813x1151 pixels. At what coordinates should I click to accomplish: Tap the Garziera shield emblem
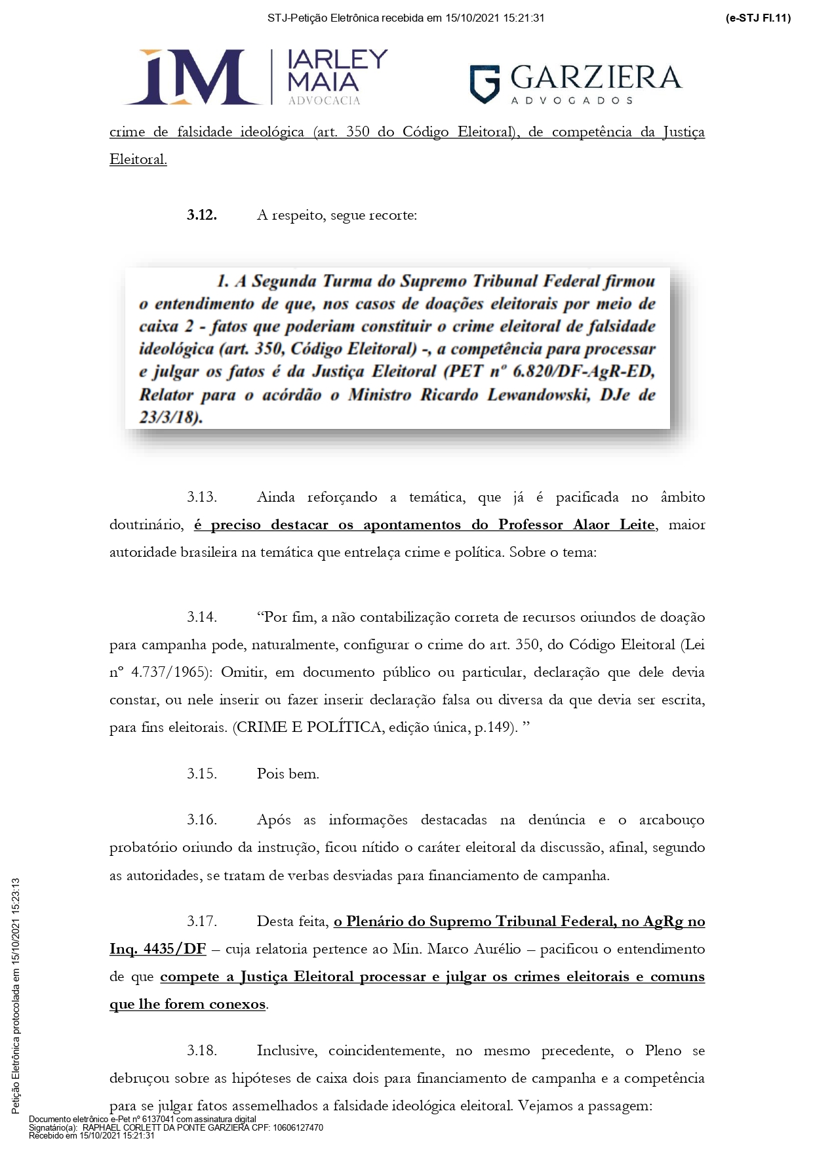pyautogui.click(x=485, y=84)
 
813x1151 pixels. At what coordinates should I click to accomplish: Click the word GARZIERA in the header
pyautogui.click(x=595, y=77)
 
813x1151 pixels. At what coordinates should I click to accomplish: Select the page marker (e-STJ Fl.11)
pyautogui.click(x=758, y=18)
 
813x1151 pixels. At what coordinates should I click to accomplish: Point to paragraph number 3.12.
pyautogui.click(x=201, y=215)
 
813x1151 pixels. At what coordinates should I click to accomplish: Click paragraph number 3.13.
pyautogui.click(x=201, y=497)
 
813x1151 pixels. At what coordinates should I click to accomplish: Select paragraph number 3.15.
pyautogui.click(x=201, y=774)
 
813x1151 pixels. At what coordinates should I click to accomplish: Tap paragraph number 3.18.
pyautogui.click(x=201, y=1051)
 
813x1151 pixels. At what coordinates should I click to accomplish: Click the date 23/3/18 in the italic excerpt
pyautogui.click(x=169, y=417)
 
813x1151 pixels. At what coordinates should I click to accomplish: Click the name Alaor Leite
pyautogui.click(x=614, y=525)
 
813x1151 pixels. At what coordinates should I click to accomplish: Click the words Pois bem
pyautogui.click(x=288, y=774)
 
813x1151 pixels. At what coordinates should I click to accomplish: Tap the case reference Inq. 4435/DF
pyautogui.click(x=157, y=949)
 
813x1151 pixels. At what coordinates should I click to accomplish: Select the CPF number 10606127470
pyautogui.click(x=297, y=1128)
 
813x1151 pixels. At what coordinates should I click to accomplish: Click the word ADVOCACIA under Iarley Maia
pyautogui.click(x=324, y=100)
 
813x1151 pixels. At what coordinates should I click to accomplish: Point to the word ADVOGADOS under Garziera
pyautogui.click(x=572, y=101)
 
